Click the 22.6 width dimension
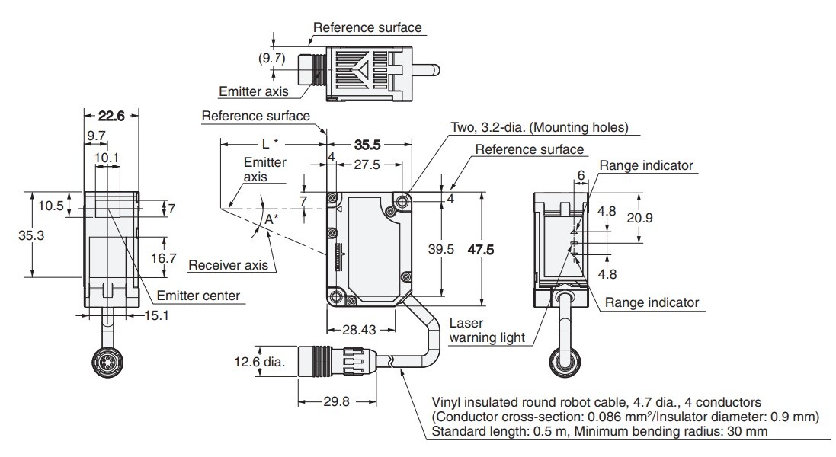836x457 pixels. (x=111, y=116)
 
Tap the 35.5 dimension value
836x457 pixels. (x=367, y=145)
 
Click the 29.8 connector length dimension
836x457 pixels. (x=330, y=401)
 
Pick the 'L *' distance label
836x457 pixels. (x=268, y=143)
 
